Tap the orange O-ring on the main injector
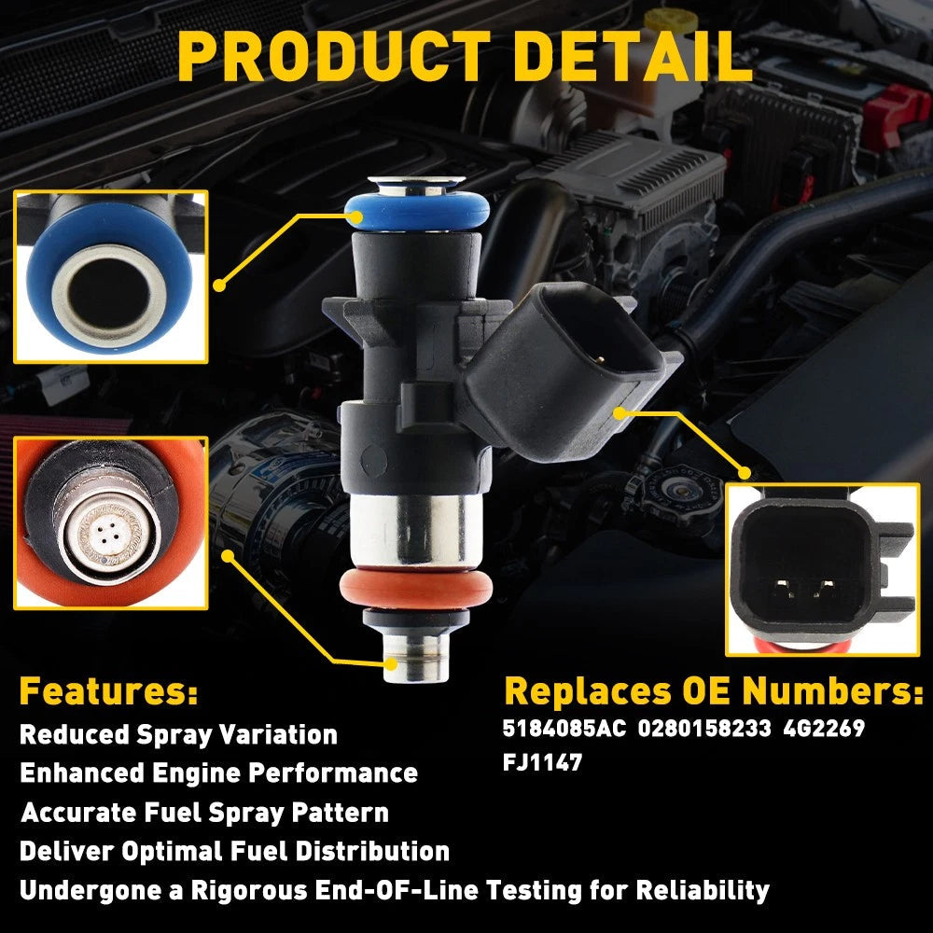click(x=416, y=589)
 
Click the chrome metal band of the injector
click(x=416, y=531)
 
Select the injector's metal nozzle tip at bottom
click(x=416, y=659)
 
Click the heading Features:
click(x=108, y=691)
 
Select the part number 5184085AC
click(x=564, y=729)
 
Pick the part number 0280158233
click(x=704, y=729)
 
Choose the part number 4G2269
click(x=824, y=729)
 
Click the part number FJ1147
click(x=542, y=762)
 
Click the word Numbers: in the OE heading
click(x=832, y=691)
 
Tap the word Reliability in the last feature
click(x=703, y=891)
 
